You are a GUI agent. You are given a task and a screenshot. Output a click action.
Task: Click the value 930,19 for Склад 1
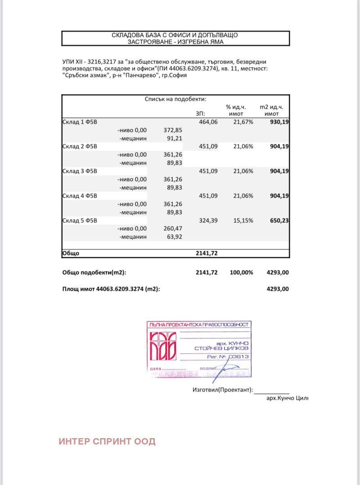point(276,122)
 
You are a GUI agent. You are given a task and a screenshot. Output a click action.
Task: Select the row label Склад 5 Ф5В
point(79,221)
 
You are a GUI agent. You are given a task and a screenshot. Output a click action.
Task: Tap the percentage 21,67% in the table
point(243,122)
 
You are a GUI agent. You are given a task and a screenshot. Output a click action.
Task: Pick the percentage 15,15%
point(243,221)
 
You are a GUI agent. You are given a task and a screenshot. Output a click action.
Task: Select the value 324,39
point(208,221)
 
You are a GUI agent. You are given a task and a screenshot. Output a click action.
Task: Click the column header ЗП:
point(200,113)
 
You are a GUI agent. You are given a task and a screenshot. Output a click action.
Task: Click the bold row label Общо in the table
point(71,254)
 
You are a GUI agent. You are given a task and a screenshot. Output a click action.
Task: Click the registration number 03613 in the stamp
point(239,356)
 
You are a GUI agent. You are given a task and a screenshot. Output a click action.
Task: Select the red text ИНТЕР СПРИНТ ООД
point(107,441)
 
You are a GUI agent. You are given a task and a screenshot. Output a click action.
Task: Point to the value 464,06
point(208,122)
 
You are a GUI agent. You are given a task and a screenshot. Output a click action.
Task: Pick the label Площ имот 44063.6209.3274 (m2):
point(111,289)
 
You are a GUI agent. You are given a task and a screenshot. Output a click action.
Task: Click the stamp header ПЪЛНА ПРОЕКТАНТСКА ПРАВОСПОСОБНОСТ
point(198,325)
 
